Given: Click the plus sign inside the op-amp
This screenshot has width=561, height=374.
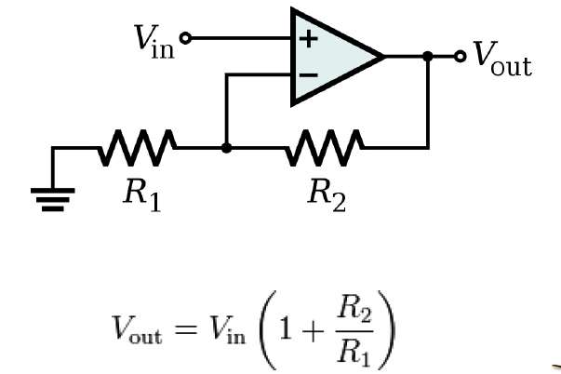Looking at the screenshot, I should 305,39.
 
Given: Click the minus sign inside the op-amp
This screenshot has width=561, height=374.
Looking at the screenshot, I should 305,74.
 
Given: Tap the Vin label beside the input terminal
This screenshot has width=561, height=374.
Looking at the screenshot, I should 154,40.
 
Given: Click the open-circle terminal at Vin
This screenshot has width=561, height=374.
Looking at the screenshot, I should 185,39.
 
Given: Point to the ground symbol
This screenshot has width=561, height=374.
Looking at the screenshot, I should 54,195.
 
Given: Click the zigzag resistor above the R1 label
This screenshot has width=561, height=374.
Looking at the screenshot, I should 138,147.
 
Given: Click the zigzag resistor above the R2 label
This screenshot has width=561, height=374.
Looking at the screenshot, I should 326,147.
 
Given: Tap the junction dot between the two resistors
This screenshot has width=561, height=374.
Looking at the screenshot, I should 226,147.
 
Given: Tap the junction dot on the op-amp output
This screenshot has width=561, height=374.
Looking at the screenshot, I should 427,57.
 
